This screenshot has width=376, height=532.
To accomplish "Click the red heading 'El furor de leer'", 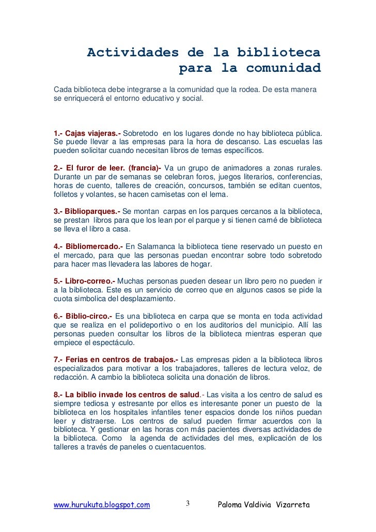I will pos(96,169).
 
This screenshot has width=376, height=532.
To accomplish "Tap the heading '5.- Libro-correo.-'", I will pos(84,281).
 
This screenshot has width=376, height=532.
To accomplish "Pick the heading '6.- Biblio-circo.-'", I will pos(83,316).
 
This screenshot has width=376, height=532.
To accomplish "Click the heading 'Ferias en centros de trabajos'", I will pos(116,358).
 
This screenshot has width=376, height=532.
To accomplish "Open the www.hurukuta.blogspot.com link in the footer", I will pos(102,504).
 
